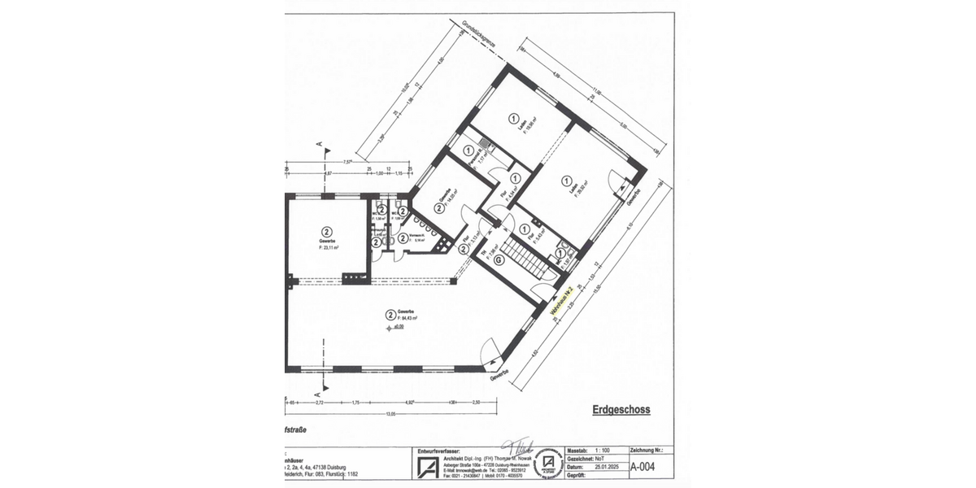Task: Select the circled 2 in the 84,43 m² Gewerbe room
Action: (x=391, y=312)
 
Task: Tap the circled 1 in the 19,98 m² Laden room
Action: (x=513, y=118)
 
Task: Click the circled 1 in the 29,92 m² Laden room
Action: (x=562, y=181)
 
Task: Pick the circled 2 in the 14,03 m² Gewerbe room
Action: (x=439, y=208)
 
